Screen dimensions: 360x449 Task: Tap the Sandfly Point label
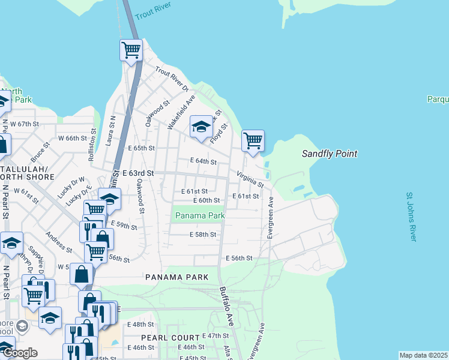click(330, 154)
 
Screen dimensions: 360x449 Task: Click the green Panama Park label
click(199, 215)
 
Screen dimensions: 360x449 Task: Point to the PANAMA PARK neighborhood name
click(176, 277)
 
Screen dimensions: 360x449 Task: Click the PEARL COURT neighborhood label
click(177, 338)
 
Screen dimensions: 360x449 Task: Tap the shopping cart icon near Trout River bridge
click(131, 50)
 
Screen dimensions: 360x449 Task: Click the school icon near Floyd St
click(201, 126)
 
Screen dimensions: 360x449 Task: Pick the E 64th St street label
click(203, 161)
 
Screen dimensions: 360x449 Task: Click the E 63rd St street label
click(138, 173)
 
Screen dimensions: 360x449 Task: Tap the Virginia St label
click(250, 178)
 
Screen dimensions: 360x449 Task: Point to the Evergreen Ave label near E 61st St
click(270, 218)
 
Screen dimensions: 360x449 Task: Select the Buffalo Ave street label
click(226, 307)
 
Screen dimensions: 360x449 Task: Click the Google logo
click(19, 353)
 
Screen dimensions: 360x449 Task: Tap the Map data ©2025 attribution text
click(423, 355)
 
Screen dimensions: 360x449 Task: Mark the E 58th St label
click(202, 235)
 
